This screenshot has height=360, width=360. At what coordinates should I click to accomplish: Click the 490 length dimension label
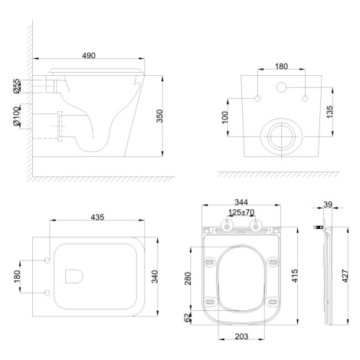[88, 55]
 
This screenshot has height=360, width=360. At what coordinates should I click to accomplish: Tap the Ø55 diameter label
[16, 86]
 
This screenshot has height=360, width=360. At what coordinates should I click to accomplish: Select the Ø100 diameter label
[16, 116]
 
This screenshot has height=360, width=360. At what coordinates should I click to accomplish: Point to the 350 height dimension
[159, 116]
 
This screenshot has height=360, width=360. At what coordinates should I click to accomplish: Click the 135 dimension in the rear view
[329, 112]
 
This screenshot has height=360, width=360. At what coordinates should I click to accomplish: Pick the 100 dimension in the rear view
[224, 117]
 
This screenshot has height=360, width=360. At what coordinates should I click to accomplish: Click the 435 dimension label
[97, 217]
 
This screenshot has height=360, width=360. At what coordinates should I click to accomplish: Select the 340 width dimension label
[155, 277]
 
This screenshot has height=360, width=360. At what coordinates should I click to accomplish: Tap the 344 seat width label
[241, 202]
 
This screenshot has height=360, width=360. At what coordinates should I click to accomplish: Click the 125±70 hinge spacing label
[241, 212]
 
